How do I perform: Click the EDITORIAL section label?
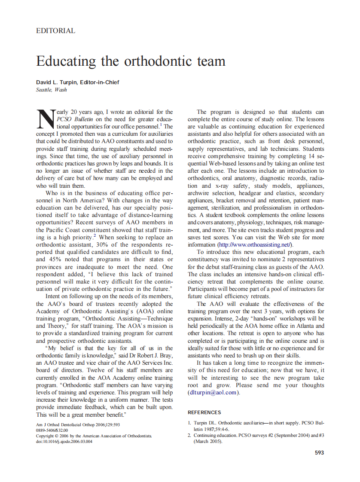click(56, 31)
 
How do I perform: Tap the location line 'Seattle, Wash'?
click(52, 90)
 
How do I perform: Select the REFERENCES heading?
click(204, 412)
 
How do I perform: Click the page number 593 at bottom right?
click(319, 452)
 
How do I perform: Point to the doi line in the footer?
click(64, 441)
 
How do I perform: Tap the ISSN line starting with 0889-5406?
click(52, 430)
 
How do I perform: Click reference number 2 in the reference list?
click(189, 436)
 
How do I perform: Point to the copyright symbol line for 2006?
click(94, 436)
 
